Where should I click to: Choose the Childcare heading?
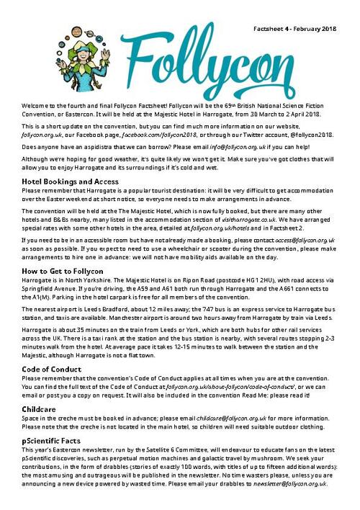pos(39,408)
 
